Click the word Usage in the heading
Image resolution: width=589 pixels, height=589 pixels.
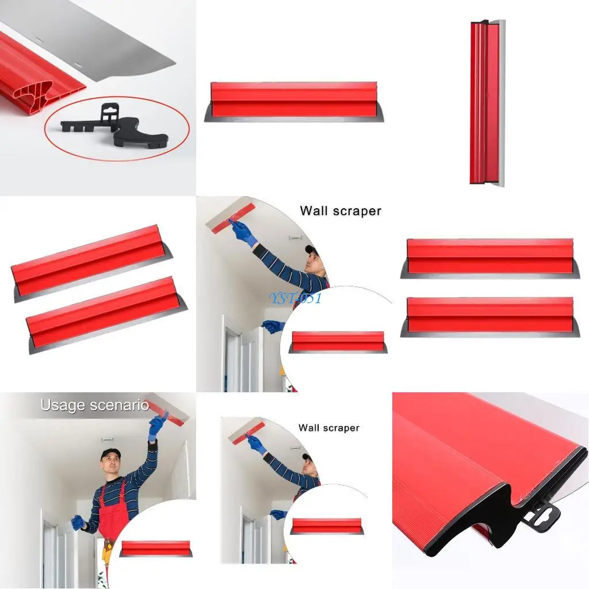[63, 406]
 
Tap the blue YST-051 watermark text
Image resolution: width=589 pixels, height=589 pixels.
[294, 298]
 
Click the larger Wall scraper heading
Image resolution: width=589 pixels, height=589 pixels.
[340, 211]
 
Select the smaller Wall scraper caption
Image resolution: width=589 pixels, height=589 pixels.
[328, 428]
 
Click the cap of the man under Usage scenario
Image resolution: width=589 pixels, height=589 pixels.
[110, 453]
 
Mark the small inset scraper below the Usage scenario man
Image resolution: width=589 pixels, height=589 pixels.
[156, 549]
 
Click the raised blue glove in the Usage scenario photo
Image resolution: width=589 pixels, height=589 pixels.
[155, 429]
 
